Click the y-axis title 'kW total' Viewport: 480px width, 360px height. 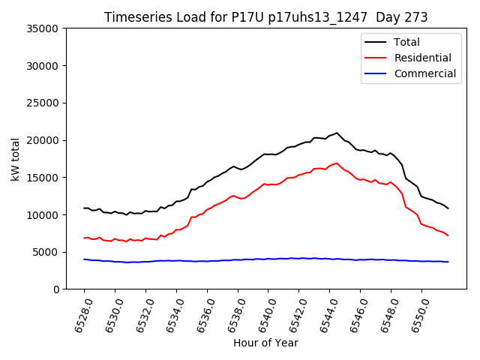tap(16, 159)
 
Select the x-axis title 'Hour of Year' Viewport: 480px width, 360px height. tap(265, 343)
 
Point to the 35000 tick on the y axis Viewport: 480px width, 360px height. tap(43, 28)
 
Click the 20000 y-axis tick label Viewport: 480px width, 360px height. tap(43, 140)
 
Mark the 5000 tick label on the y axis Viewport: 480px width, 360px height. tap(46, 252)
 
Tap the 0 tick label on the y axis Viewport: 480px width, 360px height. tap(55, 289)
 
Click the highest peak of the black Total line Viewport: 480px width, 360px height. tap(337, 133)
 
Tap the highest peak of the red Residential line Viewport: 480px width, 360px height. tap(337, 163)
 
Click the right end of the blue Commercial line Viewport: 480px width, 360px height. tap(448, 262)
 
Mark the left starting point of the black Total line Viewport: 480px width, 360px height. tap(84, 208)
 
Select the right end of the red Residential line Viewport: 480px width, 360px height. tap(448, 235)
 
